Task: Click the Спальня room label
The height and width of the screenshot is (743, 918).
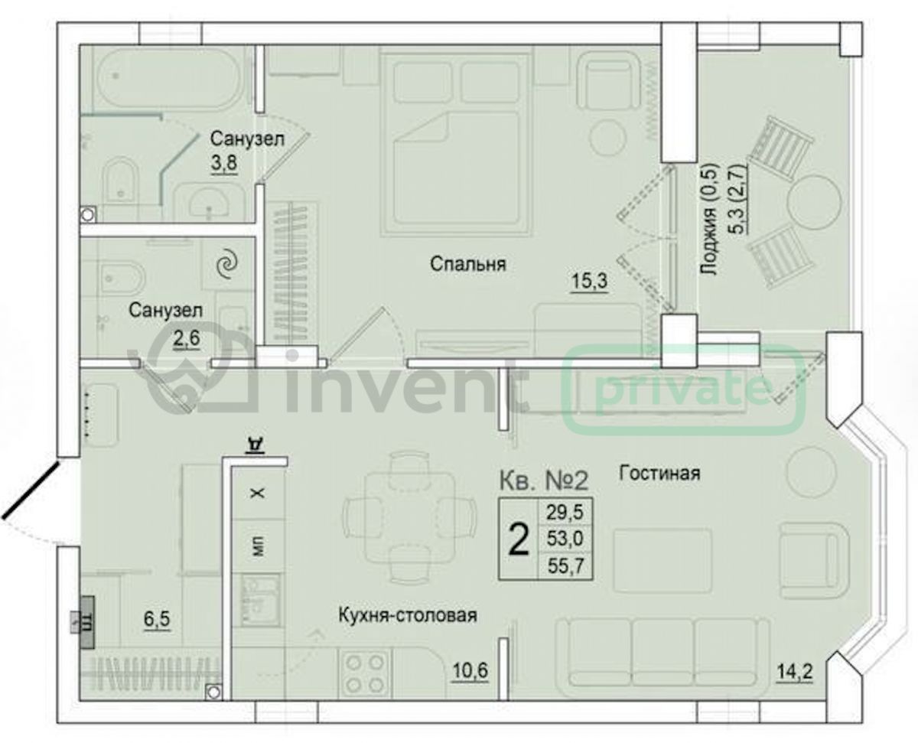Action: pyautogui.click(x=467, y=264)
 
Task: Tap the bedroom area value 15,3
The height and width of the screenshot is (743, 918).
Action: pyautogui.click(x=589, y=281)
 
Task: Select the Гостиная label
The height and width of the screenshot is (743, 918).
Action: pyautogui.click(x=659, y=473)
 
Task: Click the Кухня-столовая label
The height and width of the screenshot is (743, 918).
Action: pyautogui.click(x=408, y=615)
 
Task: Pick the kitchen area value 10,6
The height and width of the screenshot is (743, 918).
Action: pyautogui.click(x=470, y=670)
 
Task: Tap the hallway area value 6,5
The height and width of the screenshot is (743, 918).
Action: pyautogui.click(x=157, y=620)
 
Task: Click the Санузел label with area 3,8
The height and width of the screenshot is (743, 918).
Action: pyautogui.click(x=247, y=139)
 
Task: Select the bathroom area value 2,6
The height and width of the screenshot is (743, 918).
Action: pyautogui.click(x=187, y=338)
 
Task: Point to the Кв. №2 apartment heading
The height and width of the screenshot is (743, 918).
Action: pyautogui.click(x=543, y=481)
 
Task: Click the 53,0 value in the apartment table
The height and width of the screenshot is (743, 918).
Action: pyautogui.click(x=565, y=538)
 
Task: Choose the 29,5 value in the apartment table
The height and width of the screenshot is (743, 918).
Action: pyautogui.click(x=565, y=513)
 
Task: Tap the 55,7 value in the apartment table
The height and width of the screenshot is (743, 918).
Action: pyautogui.click(x=565, y=565)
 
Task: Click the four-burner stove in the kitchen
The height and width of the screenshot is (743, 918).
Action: pyautogui.click(x=366, y=673)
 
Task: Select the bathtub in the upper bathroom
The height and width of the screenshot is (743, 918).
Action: pyautogui.click(x=167, y=77)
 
